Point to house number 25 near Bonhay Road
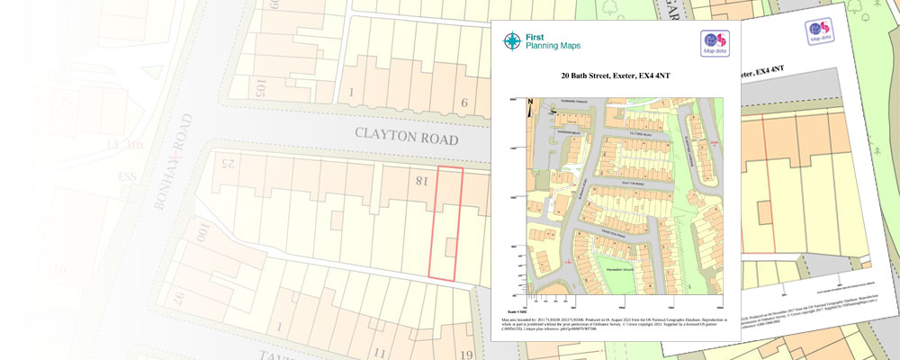tap(226, 164)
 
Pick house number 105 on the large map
tap(261, 87)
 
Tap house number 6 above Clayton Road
tap(464, 103)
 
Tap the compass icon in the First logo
tap(512, 40)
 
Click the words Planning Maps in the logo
tap(554, 46)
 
